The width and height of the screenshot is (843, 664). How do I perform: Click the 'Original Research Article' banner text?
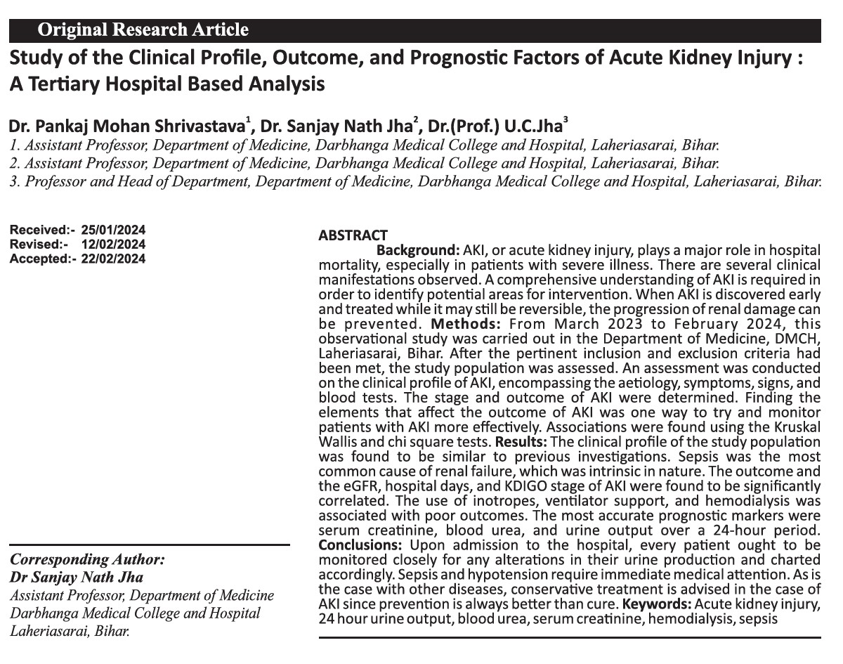(x=143, y=30)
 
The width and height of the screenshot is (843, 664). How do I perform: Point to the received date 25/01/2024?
(x=113, y=230)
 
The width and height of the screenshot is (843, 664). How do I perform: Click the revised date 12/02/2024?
(x=113, y=244)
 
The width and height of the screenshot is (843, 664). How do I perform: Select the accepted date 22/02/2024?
(x=113, y=258)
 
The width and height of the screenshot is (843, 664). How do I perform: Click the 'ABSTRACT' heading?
(x=353, y=236)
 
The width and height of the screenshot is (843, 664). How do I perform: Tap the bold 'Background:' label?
(x=418, y=251)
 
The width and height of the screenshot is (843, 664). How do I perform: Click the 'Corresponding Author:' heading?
(x=87, y=560)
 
